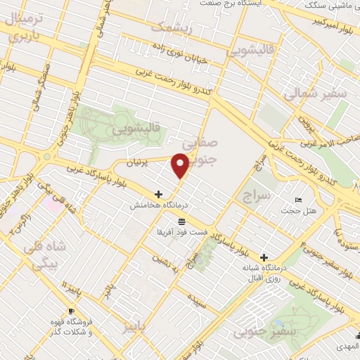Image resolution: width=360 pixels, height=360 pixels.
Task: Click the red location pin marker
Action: [x=181, y=165]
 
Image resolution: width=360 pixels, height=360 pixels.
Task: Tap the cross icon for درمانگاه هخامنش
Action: [x=158, y=194]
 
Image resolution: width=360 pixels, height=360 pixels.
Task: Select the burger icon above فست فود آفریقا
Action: [x=182, y=221]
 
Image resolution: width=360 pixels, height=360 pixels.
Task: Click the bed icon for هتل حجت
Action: [x=298, y=200]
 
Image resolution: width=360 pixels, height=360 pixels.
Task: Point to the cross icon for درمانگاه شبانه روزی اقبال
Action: [x=264, y=257]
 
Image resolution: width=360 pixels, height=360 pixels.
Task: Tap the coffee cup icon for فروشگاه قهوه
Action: [x=71, y=311]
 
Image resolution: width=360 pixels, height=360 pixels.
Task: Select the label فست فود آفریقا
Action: [x=182, y=233]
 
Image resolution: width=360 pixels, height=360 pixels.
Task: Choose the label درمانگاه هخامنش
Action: [x=158, y=207]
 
